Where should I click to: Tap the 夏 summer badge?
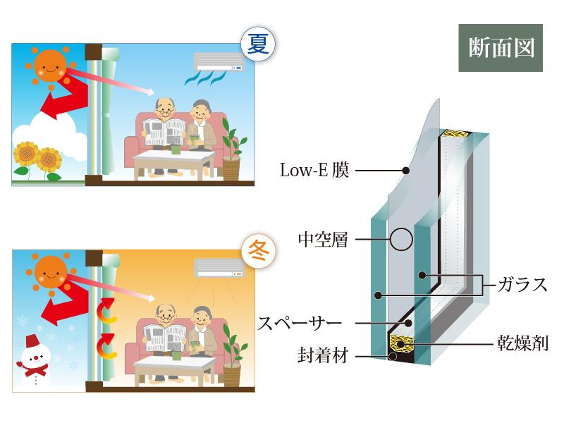click(x=255, y=44)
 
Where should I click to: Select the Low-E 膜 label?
click(x=314, y=170)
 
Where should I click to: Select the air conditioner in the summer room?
click(x=221, y=61)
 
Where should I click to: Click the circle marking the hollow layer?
click(x=400, y=239)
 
